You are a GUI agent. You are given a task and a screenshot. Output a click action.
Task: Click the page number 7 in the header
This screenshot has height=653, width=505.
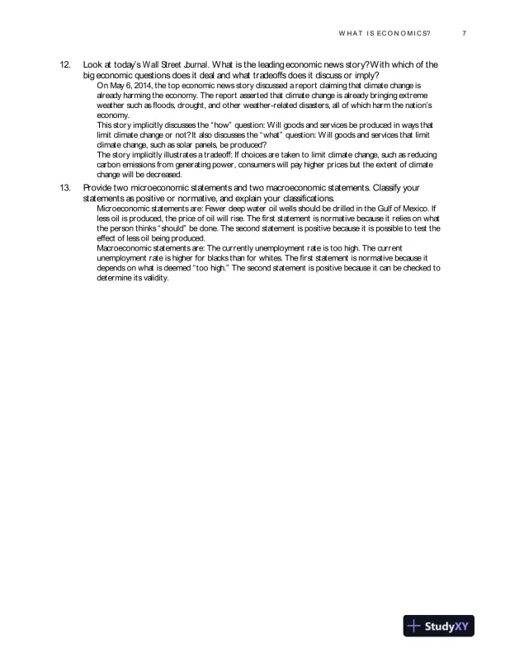[465, 33]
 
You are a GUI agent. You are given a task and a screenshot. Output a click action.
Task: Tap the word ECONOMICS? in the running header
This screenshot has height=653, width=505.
[402, 33]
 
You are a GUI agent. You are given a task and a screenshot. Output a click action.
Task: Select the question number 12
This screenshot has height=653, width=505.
[66, 63]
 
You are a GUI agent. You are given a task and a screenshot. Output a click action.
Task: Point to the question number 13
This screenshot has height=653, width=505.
[66, 189]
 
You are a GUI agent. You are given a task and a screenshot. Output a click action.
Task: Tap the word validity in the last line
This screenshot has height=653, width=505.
[153, 278]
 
